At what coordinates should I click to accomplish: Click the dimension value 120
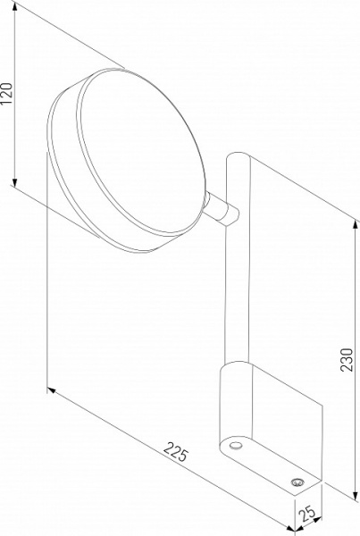click(8, 93)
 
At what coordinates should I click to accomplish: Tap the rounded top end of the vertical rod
click(239, 159)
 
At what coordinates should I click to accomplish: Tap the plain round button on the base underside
click(235, 444)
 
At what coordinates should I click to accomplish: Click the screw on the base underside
click(295, 482)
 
